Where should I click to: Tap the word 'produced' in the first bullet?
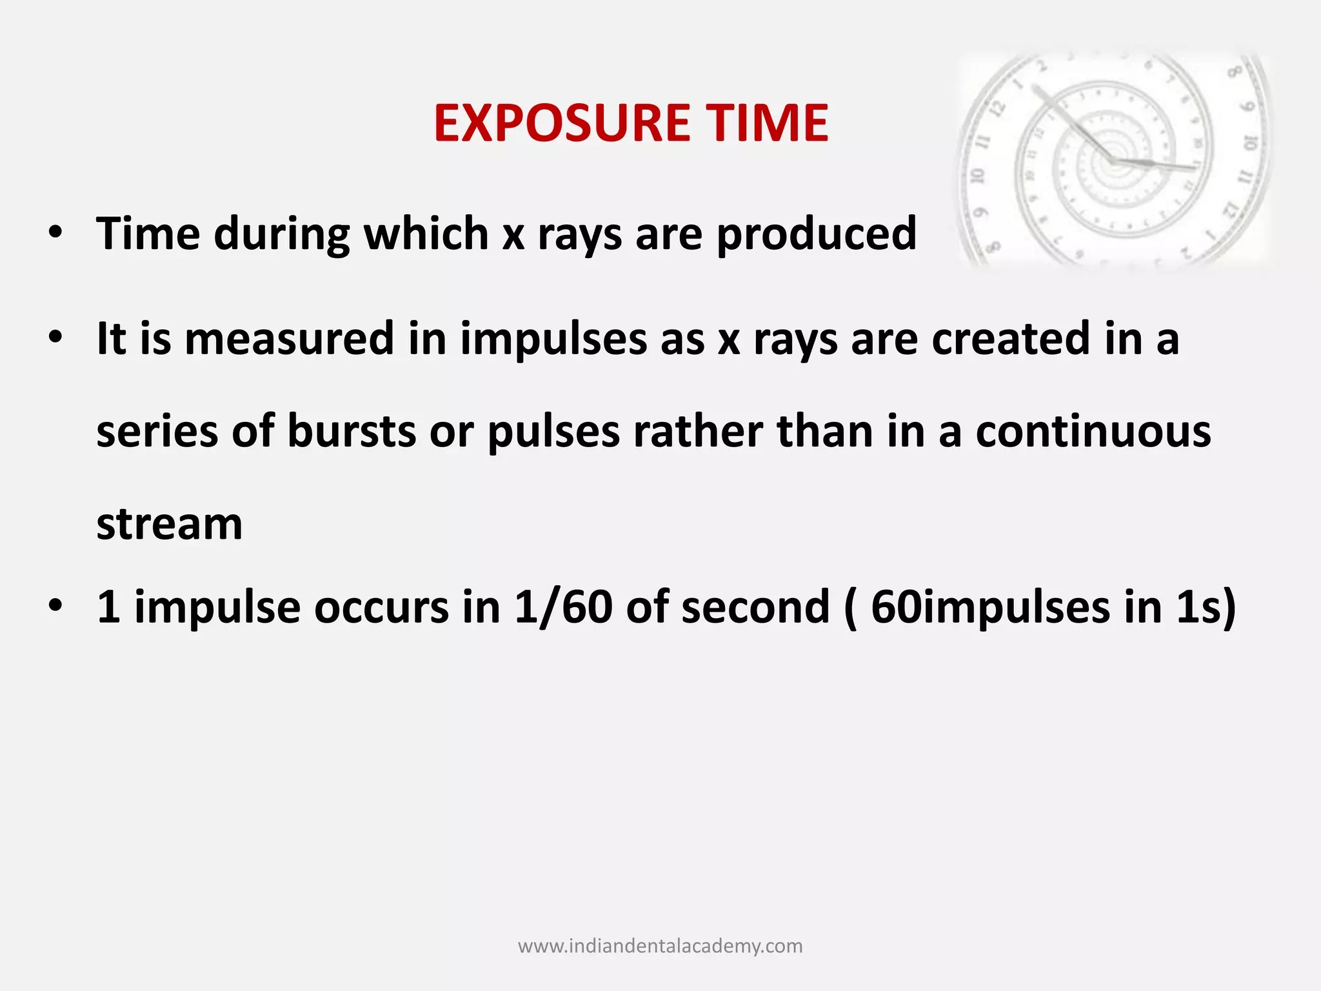tap(817, 234)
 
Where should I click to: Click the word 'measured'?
tap(289, 339)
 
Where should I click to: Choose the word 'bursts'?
tap(352, 431)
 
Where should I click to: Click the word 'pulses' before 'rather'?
tap(553, 432)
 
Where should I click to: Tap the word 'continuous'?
tap(1093, 431)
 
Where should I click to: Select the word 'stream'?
tap(170, 524)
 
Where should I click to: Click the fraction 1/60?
tap(562, 606)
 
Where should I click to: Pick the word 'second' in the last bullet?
tap(755, 606)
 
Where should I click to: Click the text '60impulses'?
tap(990, 608)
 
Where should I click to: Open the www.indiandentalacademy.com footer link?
tap(660, 946)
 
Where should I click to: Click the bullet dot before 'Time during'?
tap(55, 232)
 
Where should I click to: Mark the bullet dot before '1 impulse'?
tap(55, 606)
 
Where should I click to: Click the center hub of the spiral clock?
tap(1114, 159)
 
